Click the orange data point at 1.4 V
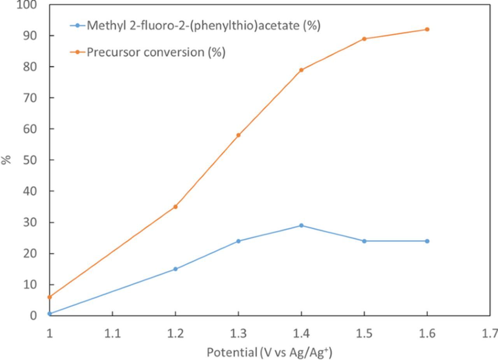coord(301,70)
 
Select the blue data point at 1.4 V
coord(301,225)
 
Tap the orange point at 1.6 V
coord(427,30)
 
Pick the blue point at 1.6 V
coord(427,241)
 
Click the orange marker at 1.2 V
coord(175,207)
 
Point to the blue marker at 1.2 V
coord(175,269)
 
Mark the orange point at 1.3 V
coord(238,135)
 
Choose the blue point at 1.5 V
coord(364,241)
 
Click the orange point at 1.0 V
coord(50,297)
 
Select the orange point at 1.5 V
coord(364,39)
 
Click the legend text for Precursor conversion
coord(156,52)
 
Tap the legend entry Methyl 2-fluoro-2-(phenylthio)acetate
coord(203,26)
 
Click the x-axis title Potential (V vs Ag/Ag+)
coord(269,353)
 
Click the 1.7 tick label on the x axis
coord(491,334)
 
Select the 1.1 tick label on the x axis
coord(112,334)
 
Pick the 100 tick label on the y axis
coord(26,5)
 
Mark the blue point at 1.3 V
coord(238,241)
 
